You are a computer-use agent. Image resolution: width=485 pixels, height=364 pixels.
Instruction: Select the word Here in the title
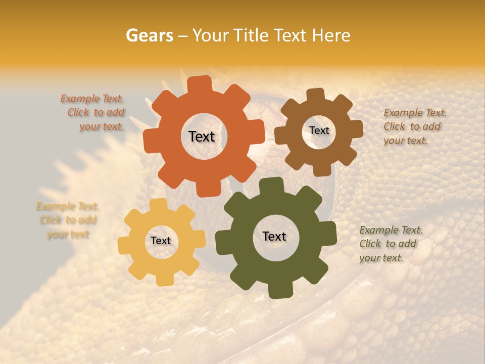331,35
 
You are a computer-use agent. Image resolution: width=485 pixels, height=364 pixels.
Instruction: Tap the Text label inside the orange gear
202,136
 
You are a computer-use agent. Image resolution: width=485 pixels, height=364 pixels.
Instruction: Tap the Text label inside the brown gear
319,130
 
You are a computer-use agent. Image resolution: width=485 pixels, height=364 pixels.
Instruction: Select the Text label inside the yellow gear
161,241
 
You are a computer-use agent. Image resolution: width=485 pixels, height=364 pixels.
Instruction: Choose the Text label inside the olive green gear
274,236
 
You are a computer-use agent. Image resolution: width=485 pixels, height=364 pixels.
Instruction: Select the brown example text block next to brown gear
414,127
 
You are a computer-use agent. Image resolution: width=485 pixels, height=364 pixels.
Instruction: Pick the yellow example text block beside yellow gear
68,220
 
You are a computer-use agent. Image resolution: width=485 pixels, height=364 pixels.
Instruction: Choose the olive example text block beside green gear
389,244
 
